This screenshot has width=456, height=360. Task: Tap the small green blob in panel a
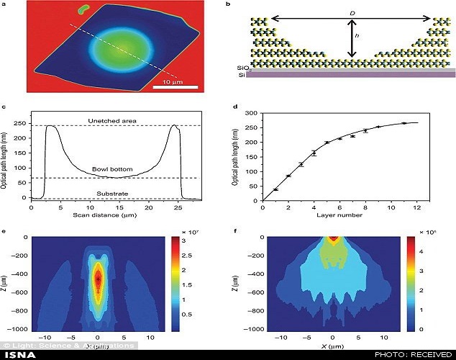pos(83,10)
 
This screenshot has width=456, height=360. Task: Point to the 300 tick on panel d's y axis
pos(250,113)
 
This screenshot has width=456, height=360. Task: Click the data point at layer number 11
pos(404,123)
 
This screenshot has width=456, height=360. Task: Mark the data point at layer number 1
pos(275,189)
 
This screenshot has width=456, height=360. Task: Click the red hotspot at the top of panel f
pos(332,239)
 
